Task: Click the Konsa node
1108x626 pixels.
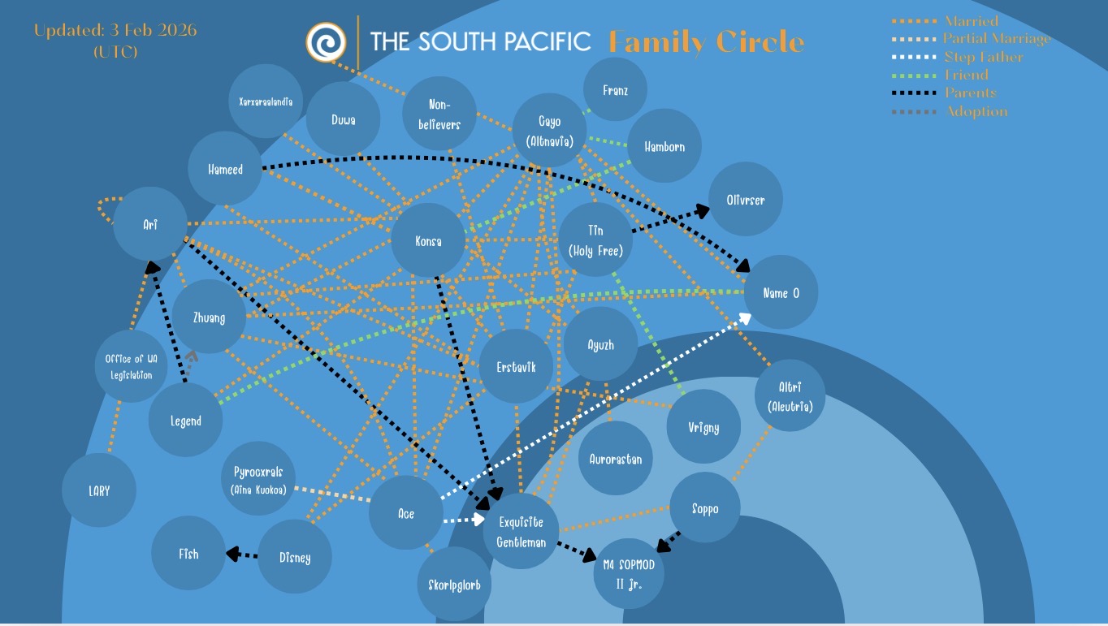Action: [x=428, y=240]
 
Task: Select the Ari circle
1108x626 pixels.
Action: [x=150, y=224]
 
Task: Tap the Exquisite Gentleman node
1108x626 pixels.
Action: [x=521, y=532]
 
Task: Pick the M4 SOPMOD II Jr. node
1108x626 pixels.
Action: [x=630, y=573]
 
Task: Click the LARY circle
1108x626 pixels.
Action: [x=99, y=490]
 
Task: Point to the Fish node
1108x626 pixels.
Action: [x=188, y=554]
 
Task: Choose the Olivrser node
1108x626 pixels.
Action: [x=746, y=199]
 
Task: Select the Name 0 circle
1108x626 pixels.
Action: [x=781, y=292]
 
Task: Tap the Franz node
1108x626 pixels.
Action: [x=615, y=90]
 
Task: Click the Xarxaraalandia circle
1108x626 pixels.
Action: [x=266, y=101]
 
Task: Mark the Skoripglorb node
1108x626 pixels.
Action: [x=454, y=584]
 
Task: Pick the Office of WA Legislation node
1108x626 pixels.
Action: [x=132, y=366]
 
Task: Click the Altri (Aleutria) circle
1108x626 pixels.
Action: [x=790, y=396]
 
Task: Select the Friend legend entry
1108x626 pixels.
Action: [x=966, y=75]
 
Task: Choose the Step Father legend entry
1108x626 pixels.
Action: [x=983, y=57]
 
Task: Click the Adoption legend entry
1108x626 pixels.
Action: [x=976, y=111]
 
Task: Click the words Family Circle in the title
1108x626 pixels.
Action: [x=706, y=41]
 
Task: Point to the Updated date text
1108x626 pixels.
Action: [x=115, y=31]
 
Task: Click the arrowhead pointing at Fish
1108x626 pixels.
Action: [x=231, y=554]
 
